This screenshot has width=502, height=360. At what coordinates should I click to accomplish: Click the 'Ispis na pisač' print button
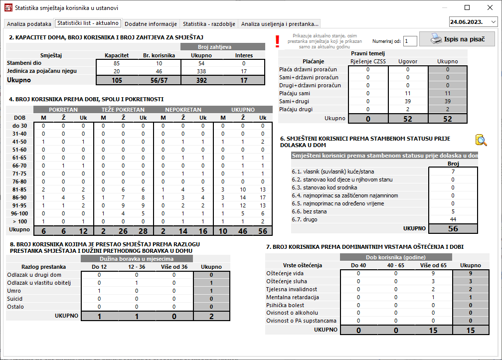[x=457, y=39]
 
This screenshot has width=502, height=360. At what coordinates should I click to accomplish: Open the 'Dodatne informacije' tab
[x=151, y=23]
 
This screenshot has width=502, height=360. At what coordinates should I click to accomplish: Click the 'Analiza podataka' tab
[x=29, y=23]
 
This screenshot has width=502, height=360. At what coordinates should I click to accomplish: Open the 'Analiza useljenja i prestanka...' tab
[x=280, y=23]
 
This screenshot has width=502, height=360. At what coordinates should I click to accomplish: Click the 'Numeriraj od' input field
[x=410, y=41]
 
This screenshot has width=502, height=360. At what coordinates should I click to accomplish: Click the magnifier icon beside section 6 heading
[x=480, y=140]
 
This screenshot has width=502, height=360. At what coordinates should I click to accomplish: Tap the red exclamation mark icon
[x=278, y=41]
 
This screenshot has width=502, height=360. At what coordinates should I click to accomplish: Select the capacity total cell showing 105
[x=117, y=80]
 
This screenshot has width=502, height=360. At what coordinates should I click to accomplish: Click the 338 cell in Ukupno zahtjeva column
[x=202, y=71]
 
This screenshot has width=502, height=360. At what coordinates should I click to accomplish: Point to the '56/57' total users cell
[x=159, y=80]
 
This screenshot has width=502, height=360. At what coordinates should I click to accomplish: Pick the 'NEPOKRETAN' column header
[x=183, y=110]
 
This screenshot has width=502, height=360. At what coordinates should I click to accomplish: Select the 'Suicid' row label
[x=15, y=299]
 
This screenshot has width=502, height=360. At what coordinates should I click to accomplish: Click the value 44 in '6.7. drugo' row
[x=453, y=219]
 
